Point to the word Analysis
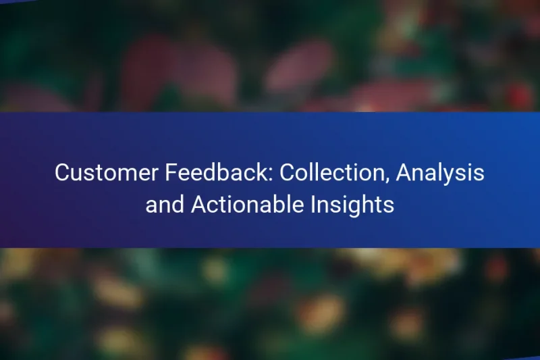(440, 174)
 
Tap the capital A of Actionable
(199, 205)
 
